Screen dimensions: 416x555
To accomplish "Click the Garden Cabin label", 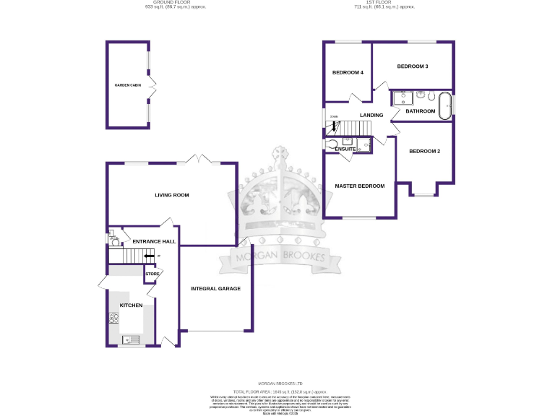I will pyautogui.click(x=128, y=86).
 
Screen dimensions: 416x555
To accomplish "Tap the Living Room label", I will pyautogui.click(x=171, y=195).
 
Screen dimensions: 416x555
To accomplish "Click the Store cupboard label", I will pyautogui.click(x=152, y=274).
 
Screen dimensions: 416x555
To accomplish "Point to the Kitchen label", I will pyautogui.click(x=131, y=305).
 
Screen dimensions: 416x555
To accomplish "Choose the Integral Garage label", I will pyautogui.click(x=215, y=289).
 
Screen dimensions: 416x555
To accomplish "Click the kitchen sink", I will pyautogui.click(x=132, y=339).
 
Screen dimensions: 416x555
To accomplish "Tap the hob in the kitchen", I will pyautogui.click(x=113, y=318).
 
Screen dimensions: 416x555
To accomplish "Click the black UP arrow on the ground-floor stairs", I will pyautogui.click(x=149, y=256).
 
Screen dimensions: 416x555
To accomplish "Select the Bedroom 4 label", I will pyautogui.click(x=348, y=73).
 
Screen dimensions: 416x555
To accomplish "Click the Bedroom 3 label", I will pyautogui.click(x=413, y=66).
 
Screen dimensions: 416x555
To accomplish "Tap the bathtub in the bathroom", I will pyautogui.click(x=444, y=98).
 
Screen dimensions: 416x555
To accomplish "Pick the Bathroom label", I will pyautogui.click(x=420, y=111).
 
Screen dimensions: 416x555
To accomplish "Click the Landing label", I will pyautogui.click(x=371, y=116).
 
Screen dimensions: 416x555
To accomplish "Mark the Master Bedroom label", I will pyautogui.click(x=359, y=186).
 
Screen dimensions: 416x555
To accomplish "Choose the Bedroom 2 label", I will pyautogui.click(x=425, y=151).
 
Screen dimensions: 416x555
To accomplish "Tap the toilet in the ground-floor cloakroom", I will pyautogui.click(x=113, y=236).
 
